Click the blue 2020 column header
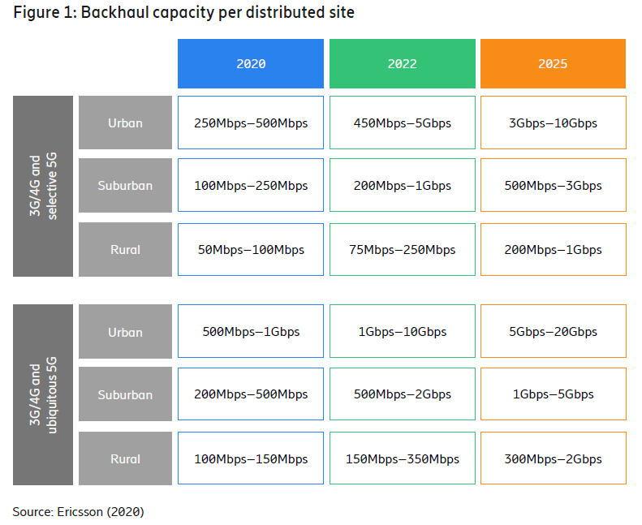pos(251,63)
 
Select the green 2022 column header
pos(402,63)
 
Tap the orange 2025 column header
pos(553,63)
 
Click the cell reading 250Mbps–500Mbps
pos(251,123)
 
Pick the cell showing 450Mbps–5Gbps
pos(402,123)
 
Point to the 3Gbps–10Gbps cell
pos(553,123)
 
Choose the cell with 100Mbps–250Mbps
pos(251,186)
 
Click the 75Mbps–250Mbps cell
pos(402,250)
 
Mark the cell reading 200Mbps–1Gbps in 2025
pos(553,250)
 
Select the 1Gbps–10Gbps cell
pos(402,332)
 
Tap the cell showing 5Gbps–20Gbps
pos(553,332)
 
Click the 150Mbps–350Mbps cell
pos(402,459)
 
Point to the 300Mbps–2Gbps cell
pos(553,459)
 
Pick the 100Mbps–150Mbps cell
pos(251,459)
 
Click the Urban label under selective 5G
pos(125,123)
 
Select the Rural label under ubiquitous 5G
pos(125,459)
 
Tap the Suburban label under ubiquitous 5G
pos(125,395)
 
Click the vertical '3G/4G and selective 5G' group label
pos(42,186)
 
